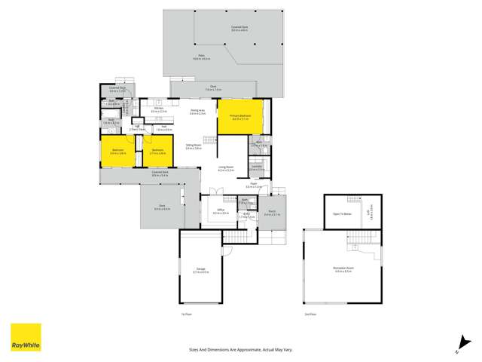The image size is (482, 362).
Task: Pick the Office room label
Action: click(x=221, y=210)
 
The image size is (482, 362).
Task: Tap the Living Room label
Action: click(x=226, y=168)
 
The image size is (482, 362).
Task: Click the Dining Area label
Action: click(x=198, y=111)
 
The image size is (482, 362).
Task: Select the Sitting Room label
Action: click(x=194, y=146)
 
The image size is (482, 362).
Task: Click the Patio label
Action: click(x=202, y=57)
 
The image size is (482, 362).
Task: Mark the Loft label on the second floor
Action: click(x=369, y=213)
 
